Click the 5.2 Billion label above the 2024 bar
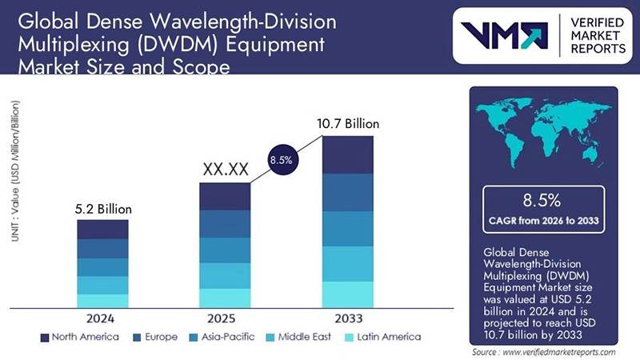(102, 209)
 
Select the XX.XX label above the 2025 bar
(225, 170)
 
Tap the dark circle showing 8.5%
(280, 160)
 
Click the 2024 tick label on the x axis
(102, 318)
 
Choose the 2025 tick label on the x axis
(225, 318)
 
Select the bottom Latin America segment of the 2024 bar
(102, 301)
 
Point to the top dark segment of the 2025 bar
(225, 196)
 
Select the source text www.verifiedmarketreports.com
(544, 352)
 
